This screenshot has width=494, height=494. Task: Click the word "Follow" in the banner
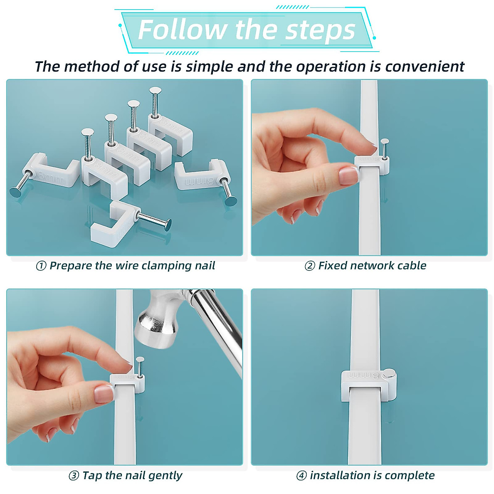pyautogui.click(x=182, y=30)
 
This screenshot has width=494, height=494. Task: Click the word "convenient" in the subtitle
pyautogui.click(x=425, y=67)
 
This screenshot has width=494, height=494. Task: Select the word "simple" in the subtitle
pyautogui.click(x=210, y=67)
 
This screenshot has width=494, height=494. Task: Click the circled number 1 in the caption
pyautogui.click(x=41, y=266)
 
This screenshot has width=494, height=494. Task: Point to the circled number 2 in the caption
pyautogui.click(x=310, y=266)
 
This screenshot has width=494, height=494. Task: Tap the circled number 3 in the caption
pyautogui.click(x=74, y=476)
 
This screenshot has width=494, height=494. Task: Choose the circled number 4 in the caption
pyautogui.click(x=301, y=476)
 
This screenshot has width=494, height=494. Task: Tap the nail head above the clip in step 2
pyautogui.click(x=384, y=141)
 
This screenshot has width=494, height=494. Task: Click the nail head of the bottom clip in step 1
pyautogui.click(x=168, y=225)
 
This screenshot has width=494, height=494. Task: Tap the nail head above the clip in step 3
pyautogui.click(x=140, y=359)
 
